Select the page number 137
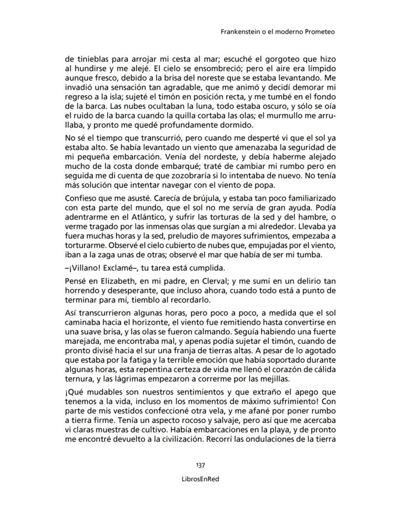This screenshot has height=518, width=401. pos(200,465)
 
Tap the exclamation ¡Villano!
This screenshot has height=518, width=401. pos(84,268)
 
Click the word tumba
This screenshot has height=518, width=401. pos(311,255)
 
